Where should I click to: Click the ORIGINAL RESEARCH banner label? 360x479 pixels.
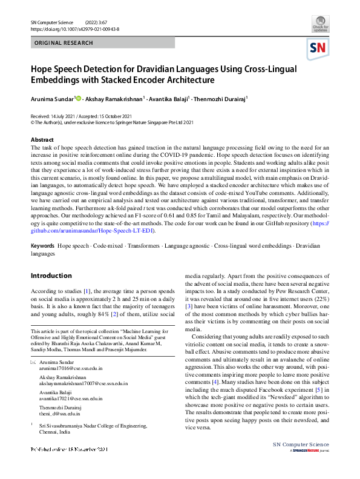coord(64,43)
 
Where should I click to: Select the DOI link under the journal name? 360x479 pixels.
coord(74,28)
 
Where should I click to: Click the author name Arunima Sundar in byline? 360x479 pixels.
coord(52,98)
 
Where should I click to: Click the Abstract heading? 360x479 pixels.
coord(42,140)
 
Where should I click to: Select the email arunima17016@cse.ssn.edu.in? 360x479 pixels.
coord(71,368)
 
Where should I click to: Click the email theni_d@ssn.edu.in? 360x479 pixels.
coord(60,414)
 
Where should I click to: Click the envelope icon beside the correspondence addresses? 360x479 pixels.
coord(33,362)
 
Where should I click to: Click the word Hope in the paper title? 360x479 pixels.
coord(44,68)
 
